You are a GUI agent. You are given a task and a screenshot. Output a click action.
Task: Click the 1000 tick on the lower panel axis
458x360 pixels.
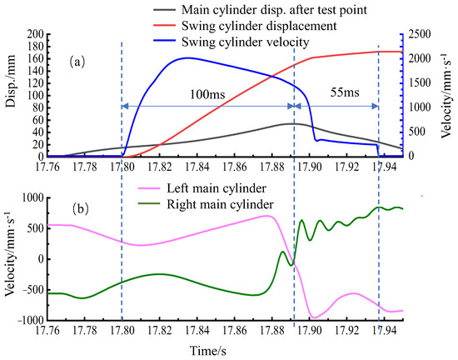click(x=32, y=197)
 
